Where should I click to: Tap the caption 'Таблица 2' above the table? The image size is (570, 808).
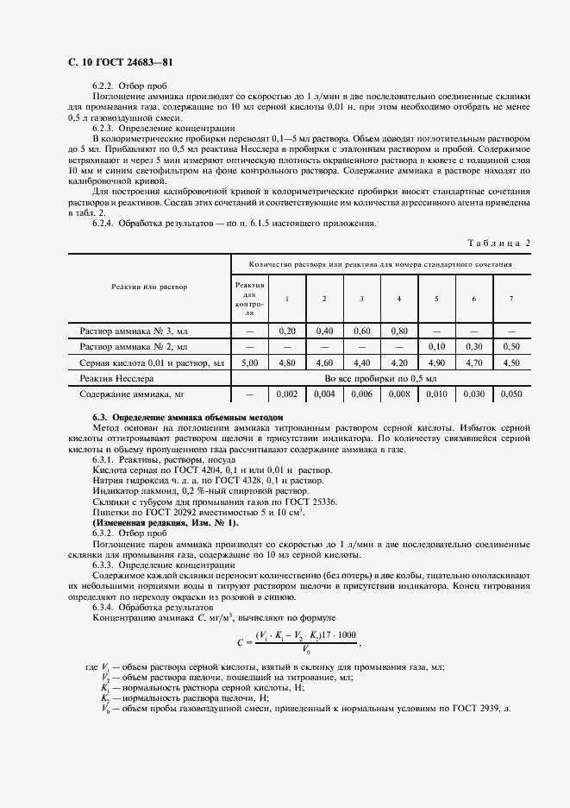tap(499, 243)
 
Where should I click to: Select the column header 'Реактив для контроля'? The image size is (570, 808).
tap(249, 298)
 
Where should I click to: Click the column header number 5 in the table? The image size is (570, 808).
tap(436, 299)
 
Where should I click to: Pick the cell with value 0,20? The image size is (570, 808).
tap(286, 331)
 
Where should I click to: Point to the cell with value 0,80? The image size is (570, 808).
tap(398, 331)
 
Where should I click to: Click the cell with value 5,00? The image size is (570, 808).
tap(249, 363)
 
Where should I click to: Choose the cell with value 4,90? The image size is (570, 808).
tap(436, 363)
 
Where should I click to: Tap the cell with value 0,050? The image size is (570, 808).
tap(511, 395)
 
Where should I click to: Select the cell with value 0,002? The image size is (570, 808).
tap(286, 395)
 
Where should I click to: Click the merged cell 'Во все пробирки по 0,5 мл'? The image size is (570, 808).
tap(380, 379)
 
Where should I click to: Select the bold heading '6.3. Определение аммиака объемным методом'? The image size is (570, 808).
tap(187, 417)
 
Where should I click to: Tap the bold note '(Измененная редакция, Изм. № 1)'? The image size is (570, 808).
tap(166, 523)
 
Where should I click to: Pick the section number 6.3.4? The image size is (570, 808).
tap(106, 607)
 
